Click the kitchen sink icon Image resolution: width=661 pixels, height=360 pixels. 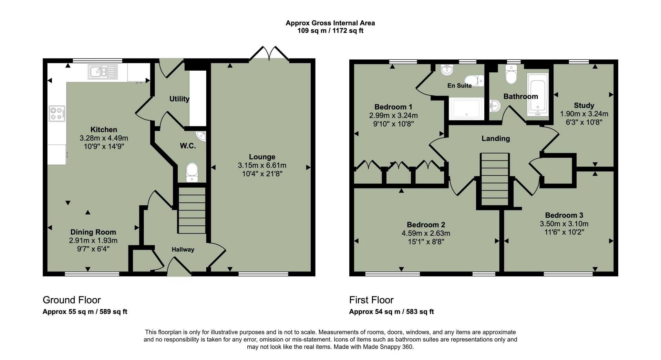click(x=103, y=72)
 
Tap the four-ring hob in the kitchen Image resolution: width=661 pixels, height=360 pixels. click(x=57, y=114)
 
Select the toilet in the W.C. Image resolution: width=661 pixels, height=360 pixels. click(x=192, y=172)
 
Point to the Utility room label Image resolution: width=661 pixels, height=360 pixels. click(x=179, y=99)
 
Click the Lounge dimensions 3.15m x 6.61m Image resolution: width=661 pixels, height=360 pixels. click(x=262, y=165)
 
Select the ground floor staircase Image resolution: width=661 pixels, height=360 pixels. click(x=192, y=210)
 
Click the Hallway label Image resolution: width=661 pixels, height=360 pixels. click(x=183, y=249)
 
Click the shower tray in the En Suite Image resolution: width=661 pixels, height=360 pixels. click(x=466, y=109)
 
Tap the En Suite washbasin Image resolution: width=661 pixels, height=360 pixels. click(x=447, y=70)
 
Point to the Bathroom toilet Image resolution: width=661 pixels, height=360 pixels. click(x=511, y=75)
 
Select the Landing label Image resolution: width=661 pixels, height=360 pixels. click(x=495, y=138)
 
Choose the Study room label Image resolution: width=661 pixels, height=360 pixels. click(x=584, y=105)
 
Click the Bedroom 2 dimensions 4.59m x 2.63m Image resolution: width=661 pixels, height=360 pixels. click(x=426, y=233)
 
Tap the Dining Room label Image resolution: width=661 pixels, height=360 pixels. click(x=93, y=232)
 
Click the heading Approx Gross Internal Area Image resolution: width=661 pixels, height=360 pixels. click(x=330, y=23)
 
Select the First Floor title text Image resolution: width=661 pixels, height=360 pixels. click(x=371, y=300)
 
